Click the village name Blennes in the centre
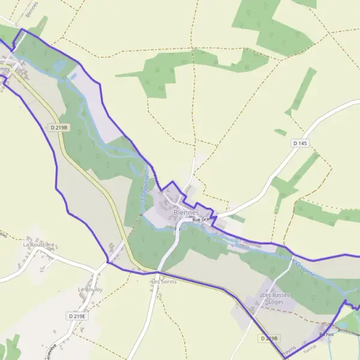tap(185, 212)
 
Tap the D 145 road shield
tap(301, 143)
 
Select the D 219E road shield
tap(77, 316)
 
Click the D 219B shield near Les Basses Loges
tap(270, 339)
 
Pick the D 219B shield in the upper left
tap(59, 127)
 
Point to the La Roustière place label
tap(39, 245)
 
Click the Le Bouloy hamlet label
tap(90, 289)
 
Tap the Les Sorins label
tap(164, 281)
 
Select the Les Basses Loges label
tap(276, 298)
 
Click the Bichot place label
tap(326, 334)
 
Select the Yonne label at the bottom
tap(310, 349)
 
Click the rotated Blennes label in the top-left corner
tap(32, 8)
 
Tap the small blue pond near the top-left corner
tap(73, 77)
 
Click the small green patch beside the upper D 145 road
tap(280, 132)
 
